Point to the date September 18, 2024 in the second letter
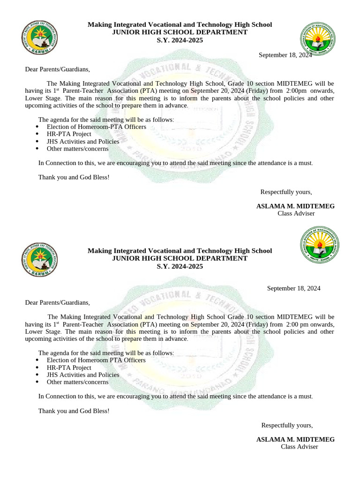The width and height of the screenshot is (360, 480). [x=293, y=288]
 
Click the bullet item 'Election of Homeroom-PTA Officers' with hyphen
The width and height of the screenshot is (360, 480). [x=96, y=127]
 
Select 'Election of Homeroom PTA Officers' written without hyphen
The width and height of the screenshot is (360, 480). [x=96, y=360]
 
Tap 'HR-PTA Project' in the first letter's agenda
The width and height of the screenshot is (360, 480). [x=69, y=134]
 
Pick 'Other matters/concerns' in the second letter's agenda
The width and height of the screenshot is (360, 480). [x=77, y=382]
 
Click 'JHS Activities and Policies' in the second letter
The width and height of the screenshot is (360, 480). [x=83, y=375]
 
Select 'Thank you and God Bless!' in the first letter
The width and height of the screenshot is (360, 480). [x=74, y=178]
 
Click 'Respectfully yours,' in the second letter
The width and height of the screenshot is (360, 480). [x=286, y=425]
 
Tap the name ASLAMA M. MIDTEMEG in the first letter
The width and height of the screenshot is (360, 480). [x=295, y=206]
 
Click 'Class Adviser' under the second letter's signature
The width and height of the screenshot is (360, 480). [x=299, y=447]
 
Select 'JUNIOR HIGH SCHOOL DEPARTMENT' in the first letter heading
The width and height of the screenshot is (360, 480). [x=180, y=32]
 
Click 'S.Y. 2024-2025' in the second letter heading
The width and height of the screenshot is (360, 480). [x=180, y=266]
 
